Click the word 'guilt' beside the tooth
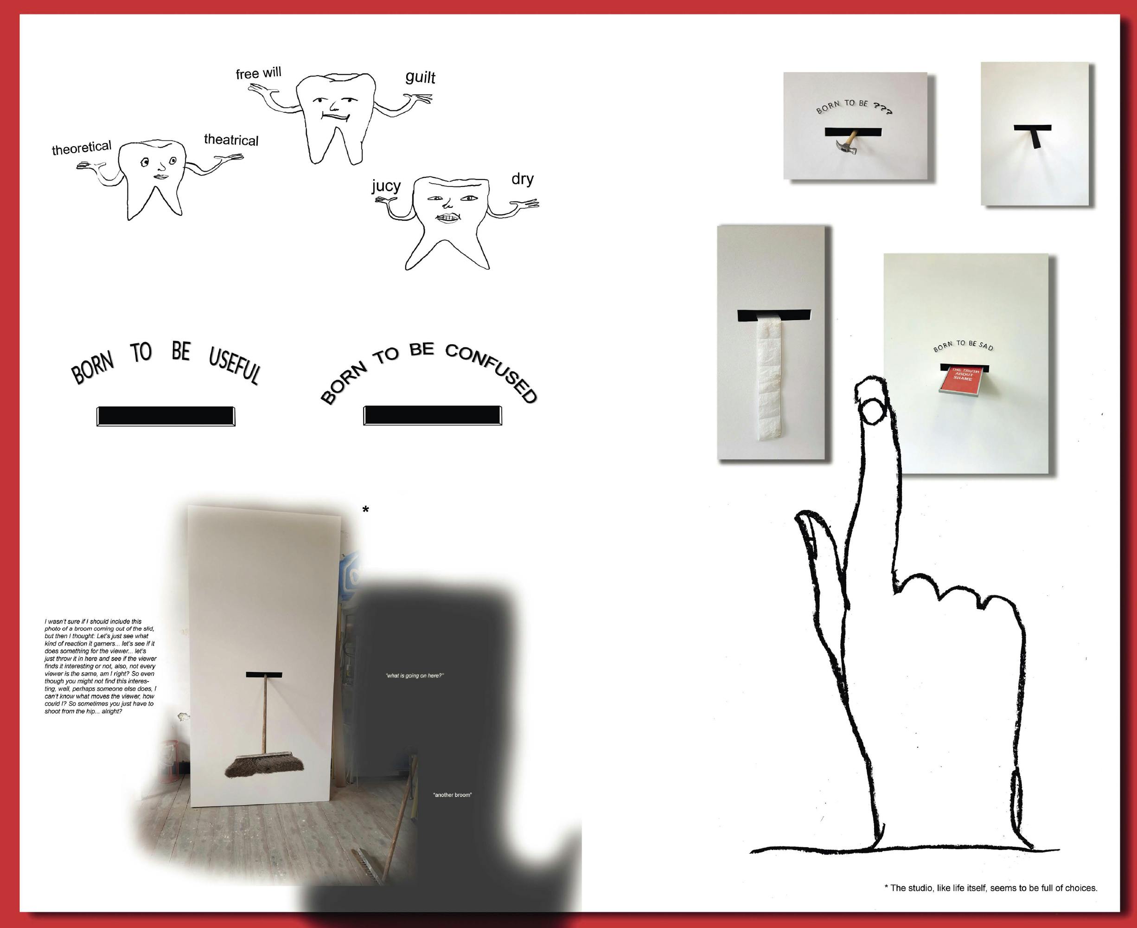(x=420, y=77)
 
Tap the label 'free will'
(x=258, y=73)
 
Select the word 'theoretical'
(x=81, y=148)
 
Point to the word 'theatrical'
(x=231, y=140)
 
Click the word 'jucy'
(x=386, y=186)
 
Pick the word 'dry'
(x=522, y=179)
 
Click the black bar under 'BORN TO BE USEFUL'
(x=166, y=416)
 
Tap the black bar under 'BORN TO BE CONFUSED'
(x=432, y=415)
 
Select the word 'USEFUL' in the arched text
(x=235, y=365)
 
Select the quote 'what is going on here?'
(x=415, y=676)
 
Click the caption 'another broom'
(x=452, y=795)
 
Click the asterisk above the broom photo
(x=365, y=510)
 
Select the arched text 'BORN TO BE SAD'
(x=963, y=345)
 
